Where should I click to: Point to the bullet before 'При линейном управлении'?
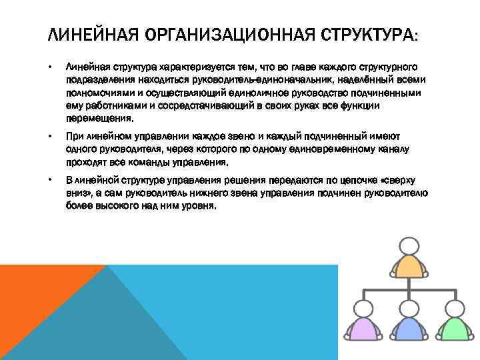pos(50,136)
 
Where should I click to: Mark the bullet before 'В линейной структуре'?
pos(50,180)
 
